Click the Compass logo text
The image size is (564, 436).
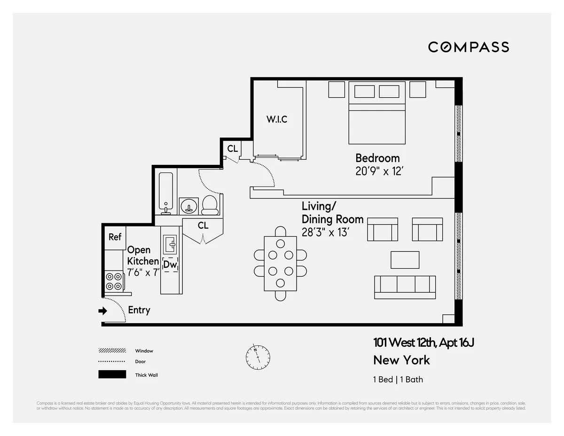pos(468,47)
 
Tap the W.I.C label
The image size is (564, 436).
pos(277,119)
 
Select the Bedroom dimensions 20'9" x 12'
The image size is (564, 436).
pos(379,171)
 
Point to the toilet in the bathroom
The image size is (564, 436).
pos(210,205)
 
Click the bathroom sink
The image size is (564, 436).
pos(189,206)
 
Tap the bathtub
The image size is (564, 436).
pos(166,193)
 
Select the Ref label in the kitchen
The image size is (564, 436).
pos(115,237)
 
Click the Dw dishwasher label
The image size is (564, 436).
pos(170,265)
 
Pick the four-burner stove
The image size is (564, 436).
pos(113,281)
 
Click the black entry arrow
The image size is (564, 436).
pos(102,311)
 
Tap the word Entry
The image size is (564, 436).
pos(139,310)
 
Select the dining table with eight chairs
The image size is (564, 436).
pos(280,263)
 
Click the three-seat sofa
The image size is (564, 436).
pos(405,287)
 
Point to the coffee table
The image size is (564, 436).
pos(405,259)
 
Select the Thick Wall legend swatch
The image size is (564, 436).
pos(112,374)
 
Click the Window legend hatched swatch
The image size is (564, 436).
pos(112,350)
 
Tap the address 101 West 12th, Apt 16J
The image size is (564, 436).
pos(423,343)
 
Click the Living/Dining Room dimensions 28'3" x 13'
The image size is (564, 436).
pos(325,232)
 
